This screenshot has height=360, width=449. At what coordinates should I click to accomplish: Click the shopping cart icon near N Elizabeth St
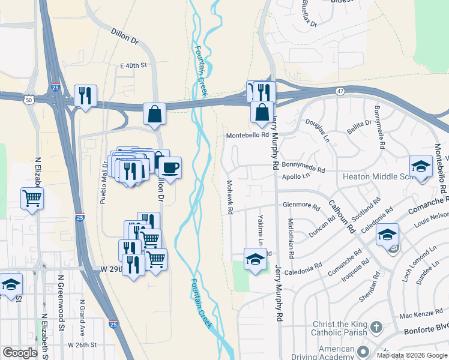pos(32,198)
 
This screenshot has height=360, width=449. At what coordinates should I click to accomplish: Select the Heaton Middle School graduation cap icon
pos(421,166)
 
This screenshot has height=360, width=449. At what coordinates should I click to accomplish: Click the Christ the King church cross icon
pos(376,328)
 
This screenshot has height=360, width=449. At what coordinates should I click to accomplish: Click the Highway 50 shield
pos(29,100)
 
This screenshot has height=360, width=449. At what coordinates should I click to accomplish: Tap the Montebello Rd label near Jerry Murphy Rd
pos(247,136)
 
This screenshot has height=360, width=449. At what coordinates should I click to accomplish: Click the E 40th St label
pos(133,65)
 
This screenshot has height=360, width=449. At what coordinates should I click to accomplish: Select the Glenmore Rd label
pos(301,205)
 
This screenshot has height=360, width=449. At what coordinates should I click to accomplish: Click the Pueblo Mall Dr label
pos(103,182)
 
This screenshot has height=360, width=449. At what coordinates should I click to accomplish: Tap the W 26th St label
pos(82,345)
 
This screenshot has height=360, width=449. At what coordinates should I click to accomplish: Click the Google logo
pos(20,353)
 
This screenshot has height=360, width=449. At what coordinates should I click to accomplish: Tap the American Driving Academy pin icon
pos(363,351)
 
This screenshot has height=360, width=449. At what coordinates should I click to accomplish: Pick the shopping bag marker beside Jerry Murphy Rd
pos(262,112)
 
